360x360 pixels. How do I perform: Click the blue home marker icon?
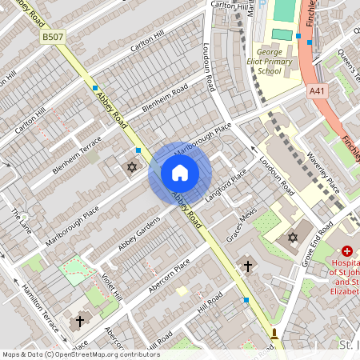click(x=180, y=173)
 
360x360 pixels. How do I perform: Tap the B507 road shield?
click(x=53, y=37)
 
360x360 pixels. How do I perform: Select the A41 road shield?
click(x=317, y=92)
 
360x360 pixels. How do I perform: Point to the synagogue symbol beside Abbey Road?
click(x=133, y=167)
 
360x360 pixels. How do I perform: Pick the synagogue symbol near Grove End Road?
click(x=293, y=238)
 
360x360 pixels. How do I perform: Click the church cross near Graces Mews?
click(x=248, y=266)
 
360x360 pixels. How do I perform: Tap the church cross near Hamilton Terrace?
click(x=79, y=322)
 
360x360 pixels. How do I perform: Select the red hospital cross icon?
click(x=347, y=251)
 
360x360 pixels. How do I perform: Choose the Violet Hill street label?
click(x=111, y=285)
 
